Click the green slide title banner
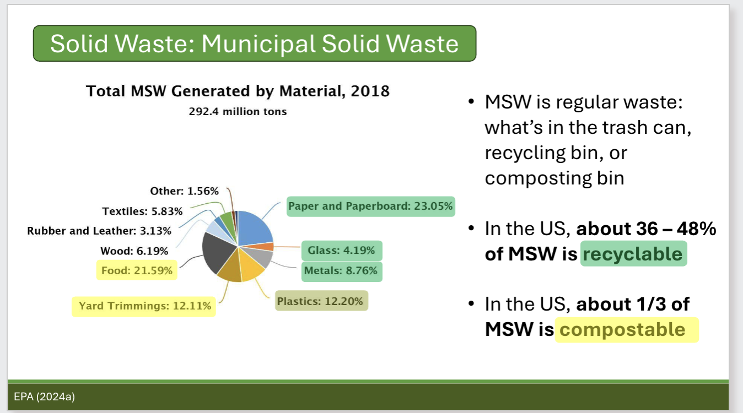254,43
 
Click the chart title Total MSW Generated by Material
238,91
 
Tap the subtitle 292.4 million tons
238,111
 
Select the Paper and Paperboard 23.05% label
370,206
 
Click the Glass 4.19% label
341,251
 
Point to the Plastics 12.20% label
321,301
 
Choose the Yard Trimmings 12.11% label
144,306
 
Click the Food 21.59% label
137,270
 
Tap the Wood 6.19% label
134,251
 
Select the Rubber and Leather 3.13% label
99,231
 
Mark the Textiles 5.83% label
142,211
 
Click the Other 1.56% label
184,191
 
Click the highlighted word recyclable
633,254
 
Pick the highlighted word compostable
626,329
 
